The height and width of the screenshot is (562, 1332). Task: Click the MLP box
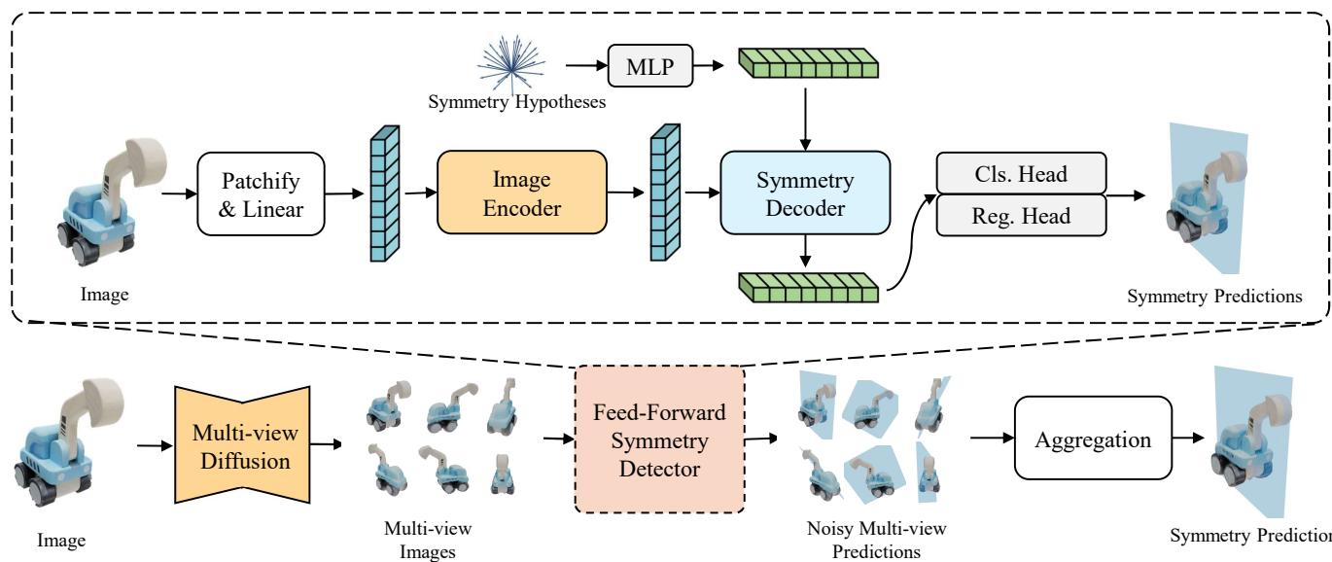point(646,65)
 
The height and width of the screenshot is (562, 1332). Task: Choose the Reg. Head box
point(1020,217)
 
